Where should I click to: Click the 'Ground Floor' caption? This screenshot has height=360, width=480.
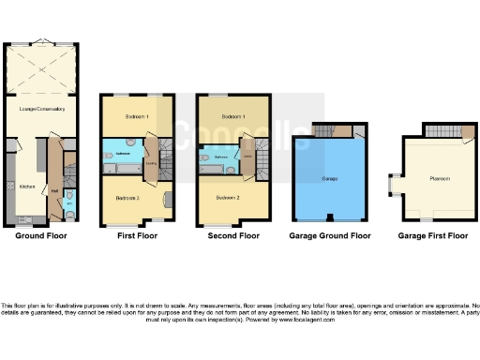(40, 236)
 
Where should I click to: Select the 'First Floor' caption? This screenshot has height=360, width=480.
(136, 236)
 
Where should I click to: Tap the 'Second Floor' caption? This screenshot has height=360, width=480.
(233, 236)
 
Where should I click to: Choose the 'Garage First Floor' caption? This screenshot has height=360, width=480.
(432, 236)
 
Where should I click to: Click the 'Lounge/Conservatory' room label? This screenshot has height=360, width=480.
(43, 110)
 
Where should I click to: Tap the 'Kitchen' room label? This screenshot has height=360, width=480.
(26, 187)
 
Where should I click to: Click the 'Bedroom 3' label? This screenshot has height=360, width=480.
(127, 198)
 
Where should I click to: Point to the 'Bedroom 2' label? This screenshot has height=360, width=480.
(226, 198)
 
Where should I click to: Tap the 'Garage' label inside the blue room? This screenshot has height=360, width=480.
(329, 178)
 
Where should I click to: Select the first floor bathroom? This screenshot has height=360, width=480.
(124, 152)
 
